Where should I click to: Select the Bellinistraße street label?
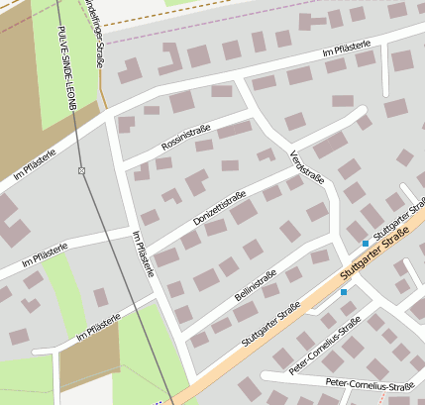[x=256, y=283]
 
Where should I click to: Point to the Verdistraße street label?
[x=307, y=165]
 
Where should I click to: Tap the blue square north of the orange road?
[x=366, y=243]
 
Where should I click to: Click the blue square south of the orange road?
[x=344, y=292]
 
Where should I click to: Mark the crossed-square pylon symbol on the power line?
[x=81, y=171]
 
